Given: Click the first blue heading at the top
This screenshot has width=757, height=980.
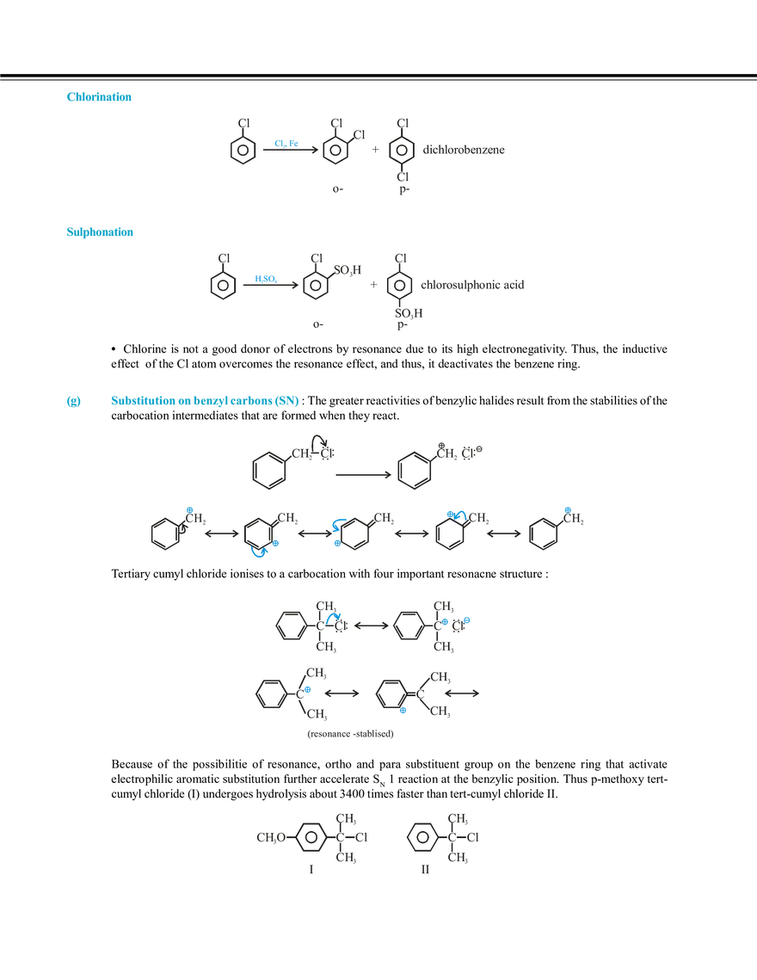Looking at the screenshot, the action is tap(99, 97).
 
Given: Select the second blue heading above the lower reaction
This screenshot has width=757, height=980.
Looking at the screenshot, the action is tap(100, 231).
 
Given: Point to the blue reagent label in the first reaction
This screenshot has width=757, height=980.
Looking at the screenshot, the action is tap(285, 141).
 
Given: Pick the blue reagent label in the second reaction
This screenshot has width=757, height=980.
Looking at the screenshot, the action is tap(265, 276).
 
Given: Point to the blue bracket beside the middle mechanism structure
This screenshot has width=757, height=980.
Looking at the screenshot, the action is tap(336, 533).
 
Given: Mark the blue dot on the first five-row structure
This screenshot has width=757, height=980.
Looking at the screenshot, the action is tap(187, 508).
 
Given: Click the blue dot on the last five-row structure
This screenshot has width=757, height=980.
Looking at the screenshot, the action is tap(567, 509).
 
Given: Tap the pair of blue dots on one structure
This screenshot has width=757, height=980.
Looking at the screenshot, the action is tap(456, 619).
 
